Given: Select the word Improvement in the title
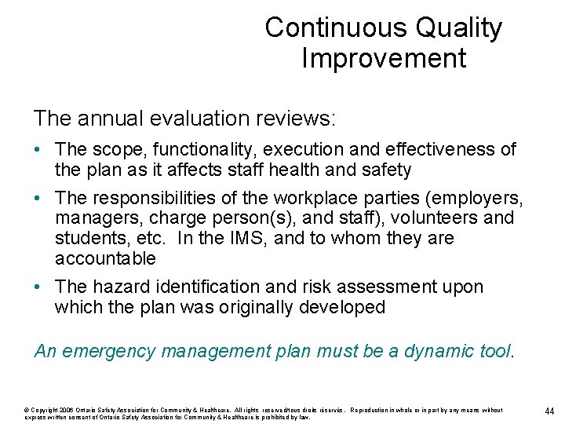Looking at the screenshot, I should pos(383,58).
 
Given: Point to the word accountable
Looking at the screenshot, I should pos(105,258).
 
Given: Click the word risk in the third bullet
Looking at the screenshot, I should pos(313,287).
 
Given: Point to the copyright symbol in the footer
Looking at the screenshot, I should pos(27,410).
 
